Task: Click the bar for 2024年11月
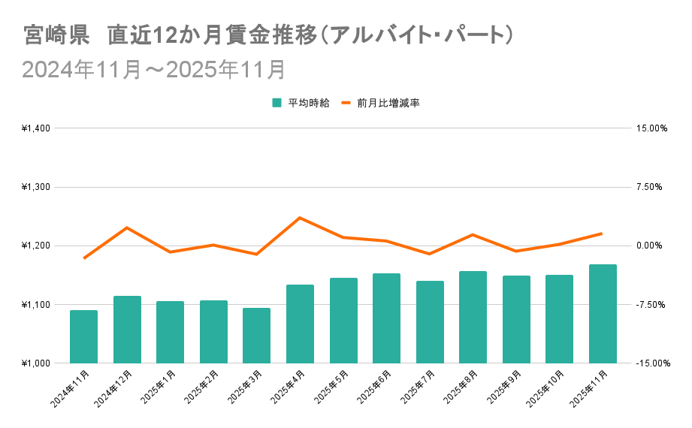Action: coord(83,336)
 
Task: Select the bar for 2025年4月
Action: coord(300,324)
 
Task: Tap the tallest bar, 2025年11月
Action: coord(603,314)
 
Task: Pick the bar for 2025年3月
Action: coord(256,335)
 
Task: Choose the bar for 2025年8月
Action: coord(473,317)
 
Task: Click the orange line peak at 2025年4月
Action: coord(300,218)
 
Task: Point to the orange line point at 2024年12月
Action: coord(127,228)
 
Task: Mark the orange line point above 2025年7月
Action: coord(429,254)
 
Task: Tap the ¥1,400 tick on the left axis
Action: coord(35,128)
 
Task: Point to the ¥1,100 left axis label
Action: coord(35,304)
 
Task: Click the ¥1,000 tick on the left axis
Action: coord(35,363)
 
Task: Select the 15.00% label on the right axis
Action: coord(651,128)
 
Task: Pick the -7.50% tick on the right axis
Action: coord(651,304)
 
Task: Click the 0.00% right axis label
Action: coord(651,246)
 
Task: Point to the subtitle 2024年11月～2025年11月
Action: coord(154,70)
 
